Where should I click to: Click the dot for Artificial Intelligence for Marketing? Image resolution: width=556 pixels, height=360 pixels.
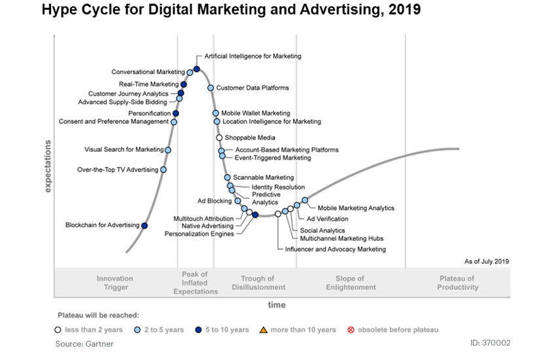(196, 69)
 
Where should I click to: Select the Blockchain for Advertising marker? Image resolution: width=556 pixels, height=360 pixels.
(145, 226)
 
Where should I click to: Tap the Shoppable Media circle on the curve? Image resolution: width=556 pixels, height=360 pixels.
(219, 137)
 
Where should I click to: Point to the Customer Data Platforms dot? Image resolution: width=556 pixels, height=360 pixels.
(211, 88)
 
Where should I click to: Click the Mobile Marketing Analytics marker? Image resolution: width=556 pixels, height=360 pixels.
(305, 200)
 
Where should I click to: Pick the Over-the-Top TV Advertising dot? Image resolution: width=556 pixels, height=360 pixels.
(164, 170)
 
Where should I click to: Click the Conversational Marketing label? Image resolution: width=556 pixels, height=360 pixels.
(148, 72)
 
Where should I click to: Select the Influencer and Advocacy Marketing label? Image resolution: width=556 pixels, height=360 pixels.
(335, 249)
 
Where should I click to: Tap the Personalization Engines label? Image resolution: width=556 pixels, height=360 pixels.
(199, 234)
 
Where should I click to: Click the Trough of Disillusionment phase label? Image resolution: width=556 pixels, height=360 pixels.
(258, 283)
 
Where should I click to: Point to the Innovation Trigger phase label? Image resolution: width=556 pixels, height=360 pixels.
(115, 283)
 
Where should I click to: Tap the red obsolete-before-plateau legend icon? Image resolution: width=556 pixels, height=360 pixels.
(351, 329)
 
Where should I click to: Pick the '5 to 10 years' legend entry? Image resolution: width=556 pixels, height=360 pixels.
(226, 329)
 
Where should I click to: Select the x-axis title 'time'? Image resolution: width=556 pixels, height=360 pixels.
(277, 305)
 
